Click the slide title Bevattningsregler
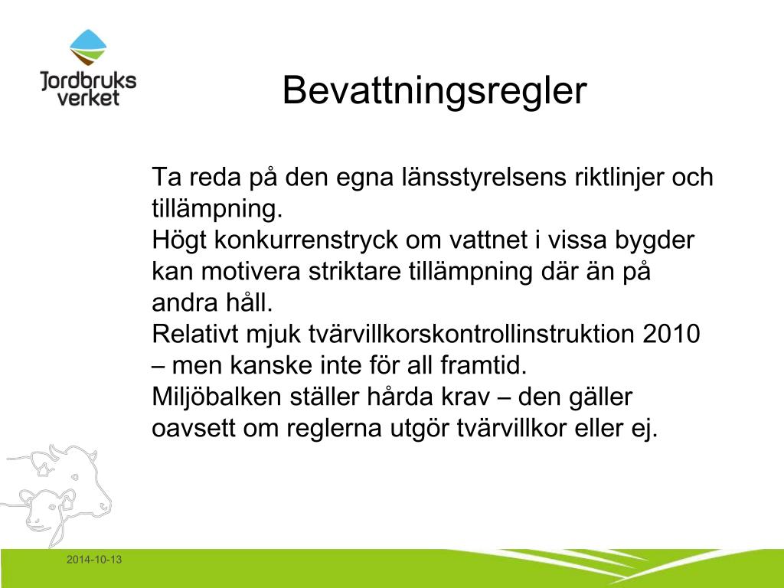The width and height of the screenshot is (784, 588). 434,91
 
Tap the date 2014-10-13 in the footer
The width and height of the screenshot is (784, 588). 94,560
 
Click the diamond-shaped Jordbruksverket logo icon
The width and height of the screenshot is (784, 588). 88,47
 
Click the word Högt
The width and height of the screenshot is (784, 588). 179,240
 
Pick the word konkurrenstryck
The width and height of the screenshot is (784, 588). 306,240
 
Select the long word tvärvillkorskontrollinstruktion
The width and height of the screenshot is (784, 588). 472,334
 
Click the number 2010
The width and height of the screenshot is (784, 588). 671,334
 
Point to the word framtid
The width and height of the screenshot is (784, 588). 484,365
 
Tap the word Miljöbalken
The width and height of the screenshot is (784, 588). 217,397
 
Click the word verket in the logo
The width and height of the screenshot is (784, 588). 88,97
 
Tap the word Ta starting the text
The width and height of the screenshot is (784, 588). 166,177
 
